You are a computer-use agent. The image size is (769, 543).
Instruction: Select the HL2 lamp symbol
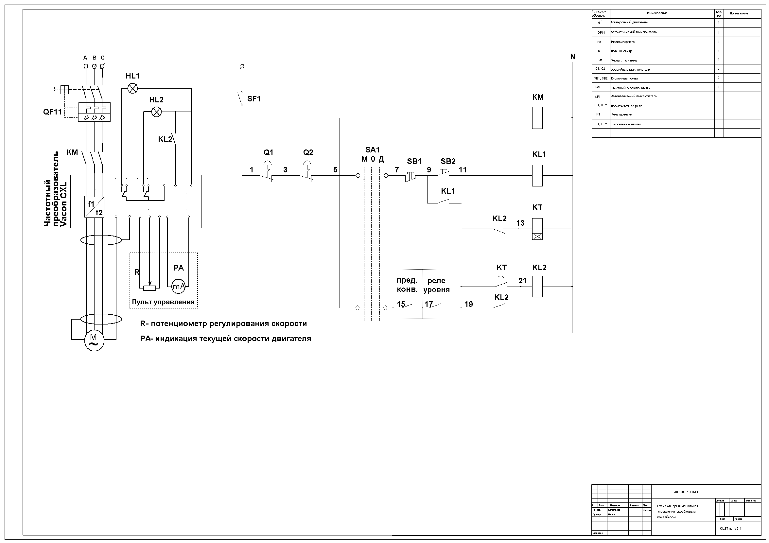156,112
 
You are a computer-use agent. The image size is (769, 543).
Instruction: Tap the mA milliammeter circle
178,287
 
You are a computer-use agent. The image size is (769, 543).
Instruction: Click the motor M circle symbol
94,341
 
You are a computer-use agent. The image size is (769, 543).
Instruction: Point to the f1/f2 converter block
95,207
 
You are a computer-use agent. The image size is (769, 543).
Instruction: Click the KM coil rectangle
537,118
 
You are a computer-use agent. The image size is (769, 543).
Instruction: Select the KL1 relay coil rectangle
537,176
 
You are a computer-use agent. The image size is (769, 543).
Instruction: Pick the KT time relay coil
537,229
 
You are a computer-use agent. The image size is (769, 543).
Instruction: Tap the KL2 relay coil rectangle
537,287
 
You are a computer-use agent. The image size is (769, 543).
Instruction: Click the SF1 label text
254,99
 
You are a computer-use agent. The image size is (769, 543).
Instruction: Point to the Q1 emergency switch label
268,152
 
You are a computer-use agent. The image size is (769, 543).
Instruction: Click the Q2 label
308,152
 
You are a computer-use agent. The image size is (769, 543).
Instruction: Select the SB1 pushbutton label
414,161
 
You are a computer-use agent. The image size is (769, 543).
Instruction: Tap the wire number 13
520,223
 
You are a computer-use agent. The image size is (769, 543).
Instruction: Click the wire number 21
522,281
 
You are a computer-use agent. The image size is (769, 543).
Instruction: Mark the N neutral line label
573,57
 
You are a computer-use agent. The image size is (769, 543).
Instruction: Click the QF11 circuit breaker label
53,112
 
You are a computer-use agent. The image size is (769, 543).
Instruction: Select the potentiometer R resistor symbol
150,288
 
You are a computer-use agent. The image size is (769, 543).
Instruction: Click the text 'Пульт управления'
163,302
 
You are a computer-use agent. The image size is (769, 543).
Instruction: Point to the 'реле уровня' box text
436,285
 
